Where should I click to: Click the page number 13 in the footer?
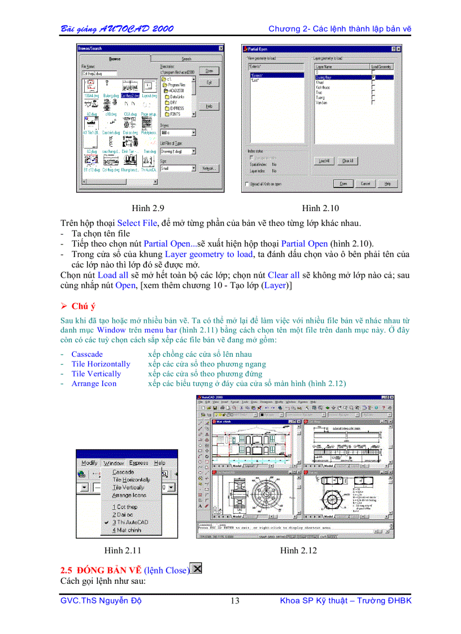235,601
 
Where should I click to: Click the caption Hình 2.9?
148,208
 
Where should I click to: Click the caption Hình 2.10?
320,208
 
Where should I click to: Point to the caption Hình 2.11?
123,550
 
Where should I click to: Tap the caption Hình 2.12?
299,550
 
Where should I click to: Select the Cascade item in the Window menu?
123,471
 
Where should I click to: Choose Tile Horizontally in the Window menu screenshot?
131,479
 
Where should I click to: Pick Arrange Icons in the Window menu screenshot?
129,495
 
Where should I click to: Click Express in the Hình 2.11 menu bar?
138,462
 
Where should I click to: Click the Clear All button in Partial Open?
347,161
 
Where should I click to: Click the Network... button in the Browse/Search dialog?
208,168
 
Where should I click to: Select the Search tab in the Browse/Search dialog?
186,59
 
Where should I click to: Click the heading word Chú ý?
84,306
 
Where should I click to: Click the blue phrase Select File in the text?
137,223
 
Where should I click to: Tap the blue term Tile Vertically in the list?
96,374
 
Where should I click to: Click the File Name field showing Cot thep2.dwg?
99,73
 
